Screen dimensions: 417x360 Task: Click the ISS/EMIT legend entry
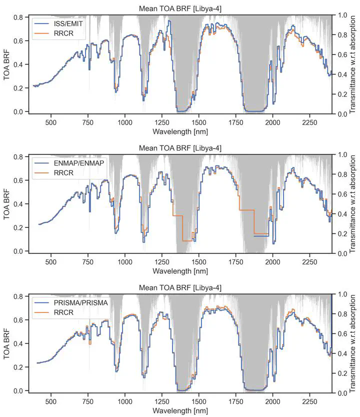tap(60, 24)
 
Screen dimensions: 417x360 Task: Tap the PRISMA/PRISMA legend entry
tap(70, 303)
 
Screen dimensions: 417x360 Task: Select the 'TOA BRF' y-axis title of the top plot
tap(6, 65)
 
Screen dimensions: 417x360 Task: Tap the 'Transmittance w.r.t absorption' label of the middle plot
tap(353, 204)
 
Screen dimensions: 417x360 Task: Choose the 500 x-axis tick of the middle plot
tap(50, 261)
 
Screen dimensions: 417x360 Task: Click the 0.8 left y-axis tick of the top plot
tap(18, 17)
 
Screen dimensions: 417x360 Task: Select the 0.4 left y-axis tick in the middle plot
tap(18, 204)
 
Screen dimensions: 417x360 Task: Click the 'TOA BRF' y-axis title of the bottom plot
tap(6, 344)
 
